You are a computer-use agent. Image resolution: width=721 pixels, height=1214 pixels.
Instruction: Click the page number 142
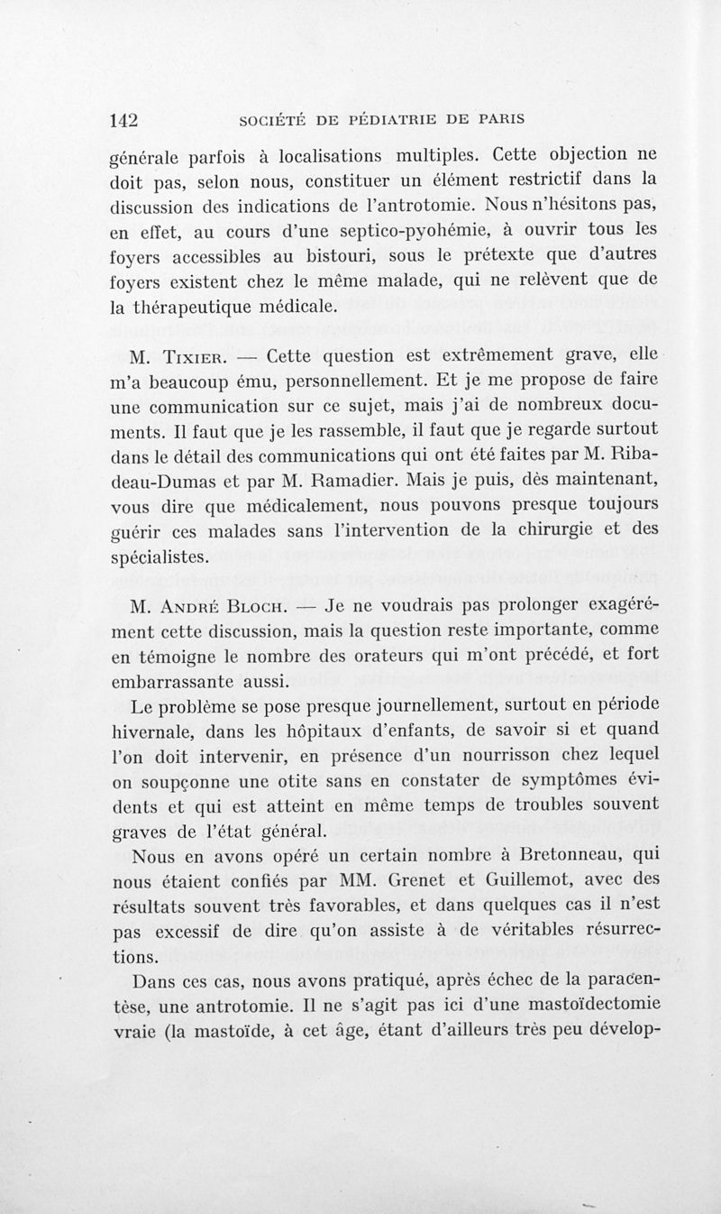(128, 119)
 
